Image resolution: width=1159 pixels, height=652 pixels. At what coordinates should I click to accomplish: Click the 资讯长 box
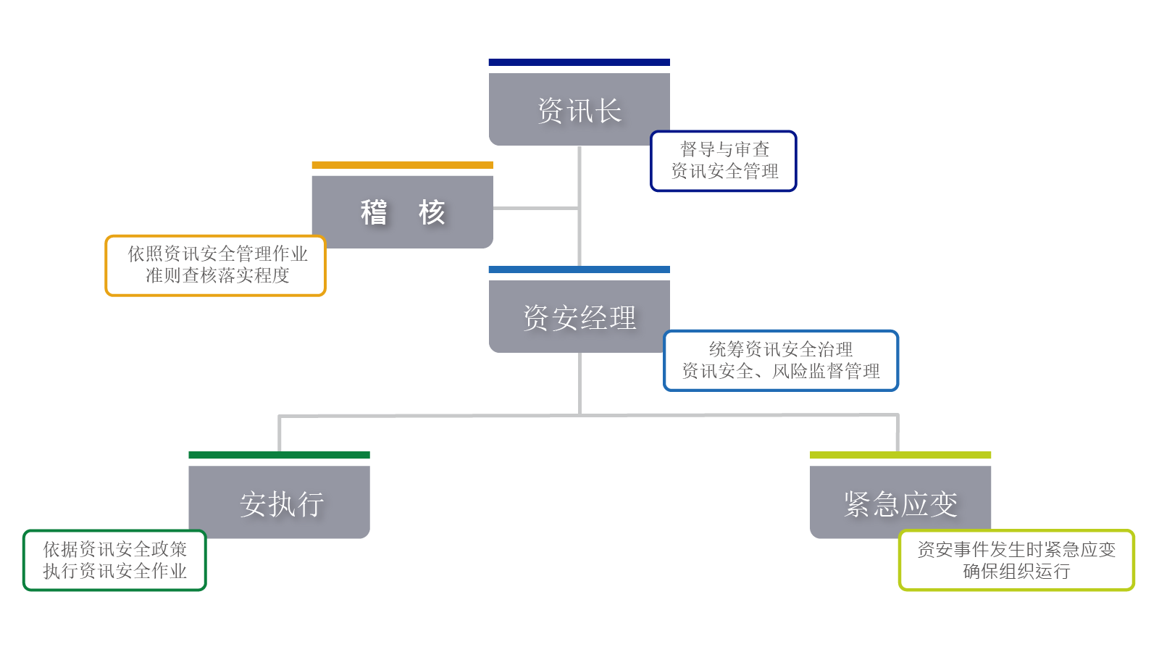point(579,110)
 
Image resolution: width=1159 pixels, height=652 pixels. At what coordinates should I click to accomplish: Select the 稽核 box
point(402,212)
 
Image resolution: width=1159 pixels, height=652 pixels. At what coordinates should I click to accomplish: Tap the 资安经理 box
point(579,317)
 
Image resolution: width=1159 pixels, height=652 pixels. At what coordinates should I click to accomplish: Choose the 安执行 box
point(280,503)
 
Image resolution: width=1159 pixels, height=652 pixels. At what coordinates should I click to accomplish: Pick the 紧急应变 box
point(900,503)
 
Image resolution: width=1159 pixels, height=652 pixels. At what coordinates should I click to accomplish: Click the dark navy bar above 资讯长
point(579,62)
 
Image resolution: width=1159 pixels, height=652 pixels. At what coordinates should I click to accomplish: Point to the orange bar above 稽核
point(402,165)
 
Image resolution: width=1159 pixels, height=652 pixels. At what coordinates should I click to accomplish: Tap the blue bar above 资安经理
point(579,269)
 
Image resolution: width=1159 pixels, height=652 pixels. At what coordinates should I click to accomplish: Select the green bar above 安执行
point(279,455)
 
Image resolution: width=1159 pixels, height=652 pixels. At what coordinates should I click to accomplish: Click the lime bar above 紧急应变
point(900,455)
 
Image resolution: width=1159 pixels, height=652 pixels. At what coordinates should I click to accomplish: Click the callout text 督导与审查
point(724,149)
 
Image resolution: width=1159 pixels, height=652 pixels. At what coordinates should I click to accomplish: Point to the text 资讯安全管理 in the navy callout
point(724,171)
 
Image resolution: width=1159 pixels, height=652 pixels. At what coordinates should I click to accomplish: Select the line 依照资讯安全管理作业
point(217,254)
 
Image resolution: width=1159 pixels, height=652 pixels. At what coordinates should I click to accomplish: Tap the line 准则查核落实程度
point(217,275)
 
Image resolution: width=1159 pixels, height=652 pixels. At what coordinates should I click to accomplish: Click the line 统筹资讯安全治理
point(780,349)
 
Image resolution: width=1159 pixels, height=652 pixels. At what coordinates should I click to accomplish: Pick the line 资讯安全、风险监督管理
point(780,371)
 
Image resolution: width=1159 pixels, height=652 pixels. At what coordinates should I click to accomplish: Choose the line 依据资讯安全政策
point(114,549)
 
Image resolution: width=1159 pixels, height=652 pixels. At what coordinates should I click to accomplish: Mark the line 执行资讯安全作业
point(114,571)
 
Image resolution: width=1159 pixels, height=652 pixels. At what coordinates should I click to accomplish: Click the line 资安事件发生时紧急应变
point(1016,549)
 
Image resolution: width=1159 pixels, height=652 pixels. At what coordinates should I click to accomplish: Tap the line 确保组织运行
point(1016,571)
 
